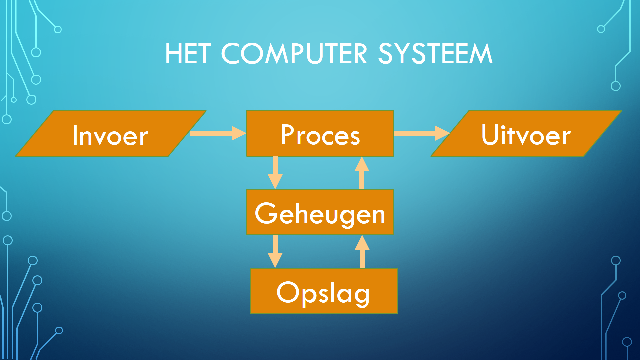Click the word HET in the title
click(x=188, y=54)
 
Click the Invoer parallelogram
click(x=111, y=133)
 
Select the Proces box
click(x=320, y=133)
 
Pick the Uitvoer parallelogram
click(x=526, y=133)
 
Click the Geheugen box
click(x=320, y=212)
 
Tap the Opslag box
click(x=324, y=291)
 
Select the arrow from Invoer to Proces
click(x=218, y=133)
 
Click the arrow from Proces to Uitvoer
click(x=422, y=133)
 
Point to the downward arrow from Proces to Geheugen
click(x=275, y=173)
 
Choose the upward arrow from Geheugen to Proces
click(x=362, y=173)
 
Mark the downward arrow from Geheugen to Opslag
click(x=275, y=251)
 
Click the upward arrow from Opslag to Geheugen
click(x=362, y=251)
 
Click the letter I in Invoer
click(x=75, y=135)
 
